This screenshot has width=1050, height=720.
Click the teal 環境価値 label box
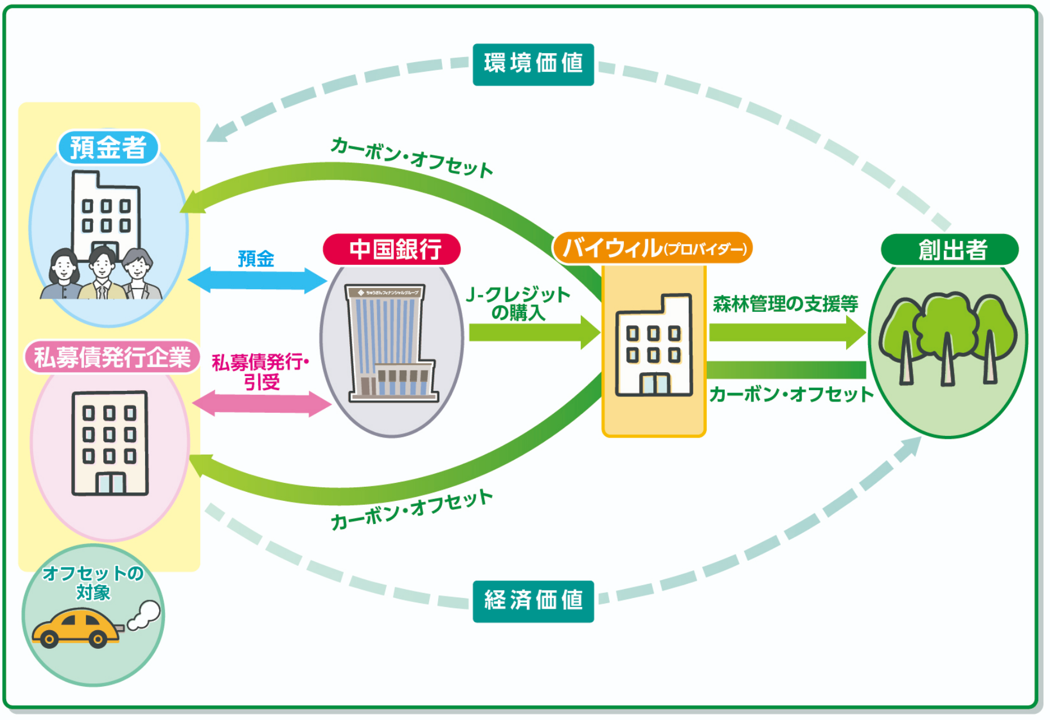pyautogui.click(x=533, y=64)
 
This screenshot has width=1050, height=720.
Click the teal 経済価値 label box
pyautogui.click(x=533, y=601)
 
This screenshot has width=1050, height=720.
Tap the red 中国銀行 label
pyautogui.click(x=392, y=249)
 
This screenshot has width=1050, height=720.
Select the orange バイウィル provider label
pyautogui.click(x=652, y=248)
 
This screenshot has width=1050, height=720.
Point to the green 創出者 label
pyautogui.click(x=950, y=250)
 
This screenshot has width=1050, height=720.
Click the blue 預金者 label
pyautogui.click(x=108, y=147)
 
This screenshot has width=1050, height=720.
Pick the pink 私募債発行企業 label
pyautogui.click(x=112, y=357)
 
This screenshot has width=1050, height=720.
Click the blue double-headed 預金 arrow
pyautogui.click(x=257, y=280)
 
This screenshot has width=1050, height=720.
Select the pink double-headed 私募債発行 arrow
pyautogui.click(x=261, y=403)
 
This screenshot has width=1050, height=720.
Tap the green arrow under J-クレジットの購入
pyautogui.click(x=533, y=333)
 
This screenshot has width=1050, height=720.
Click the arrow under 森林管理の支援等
pyautogui.click(x=787, y=333)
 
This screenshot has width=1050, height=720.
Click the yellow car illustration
pyautogui.click(x=76, y=628)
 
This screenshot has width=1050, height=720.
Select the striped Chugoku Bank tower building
pyautogui.click(x=390, y=342)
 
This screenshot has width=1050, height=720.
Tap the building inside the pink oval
pyautogui.click(x=110, y=443)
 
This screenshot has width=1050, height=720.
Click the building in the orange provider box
pyautogui.click(x=654, y=346)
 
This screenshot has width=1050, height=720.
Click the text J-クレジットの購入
pyautogui.click(x=518, y=303)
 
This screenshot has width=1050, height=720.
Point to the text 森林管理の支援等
pyautogui.click(x=785, y=304)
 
